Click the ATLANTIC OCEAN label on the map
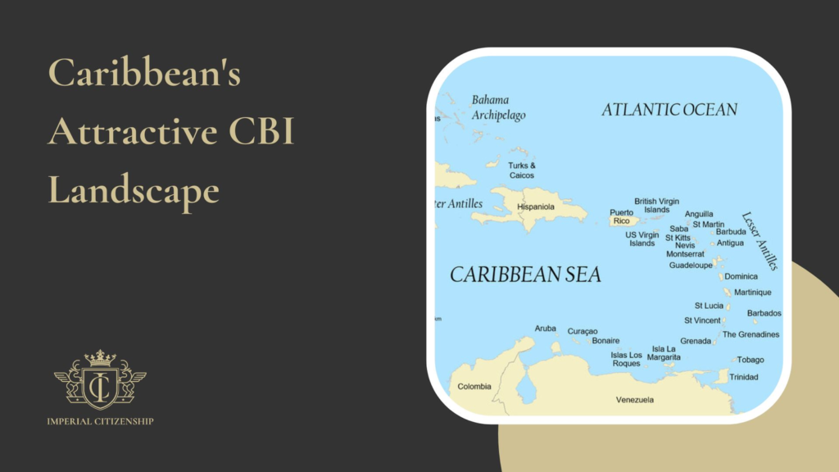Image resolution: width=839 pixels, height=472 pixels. click(669, 109)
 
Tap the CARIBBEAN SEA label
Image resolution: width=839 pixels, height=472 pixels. click(525, 275)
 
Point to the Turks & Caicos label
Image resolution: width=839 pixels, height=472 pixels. click(522, 170)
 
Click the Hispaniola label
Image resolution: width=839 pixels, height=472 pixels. click(536, 206)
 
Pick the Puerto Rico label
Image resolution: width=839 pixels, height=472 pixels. click(621, 216)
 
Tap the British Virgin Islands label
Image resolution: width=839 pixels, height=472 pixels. click(656, 205)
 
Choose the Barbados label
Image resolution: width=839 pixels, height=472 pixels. click(764, 313)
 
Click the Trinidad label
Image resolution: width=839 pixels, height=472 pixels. click(743, 377)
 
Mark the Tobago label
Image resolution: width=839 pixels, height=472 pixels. click(750, 360)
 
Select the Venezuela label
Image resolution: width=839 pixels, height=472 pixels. click(635, 400)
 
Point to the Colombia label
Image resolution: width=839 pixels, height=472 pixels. click(474, 386)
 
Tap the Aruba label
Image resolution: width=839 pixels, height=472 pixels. click(545, 329)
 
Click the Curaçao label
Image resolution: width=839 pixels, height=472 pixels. click(583, 331)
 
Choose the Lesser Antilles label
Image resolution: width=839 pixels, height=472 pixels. click(759, 241)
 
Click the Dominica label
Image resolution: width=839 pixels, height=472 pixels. click(741, 276)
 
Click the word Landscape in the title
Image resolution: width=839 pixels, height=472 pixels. click(134, 191)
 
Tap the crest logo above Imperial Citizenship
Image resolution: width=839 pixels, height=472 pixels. click(100, 379)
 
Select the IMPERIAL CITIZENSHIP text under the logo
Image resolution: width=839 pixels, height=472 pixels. click(100, 421)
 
